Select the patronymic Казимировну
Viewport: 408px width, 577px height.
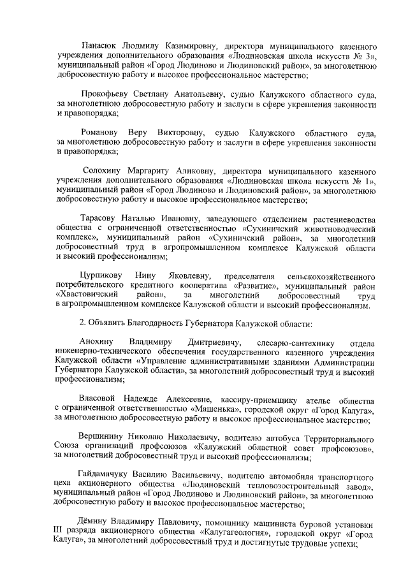pyautogui.click(x=192, y=46)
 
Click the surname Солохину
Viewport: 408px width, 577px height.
pyautogui.click(x=106, y=172)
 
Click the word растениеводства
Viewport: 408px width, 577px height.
pyautogui.click(x=337, y=219)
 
